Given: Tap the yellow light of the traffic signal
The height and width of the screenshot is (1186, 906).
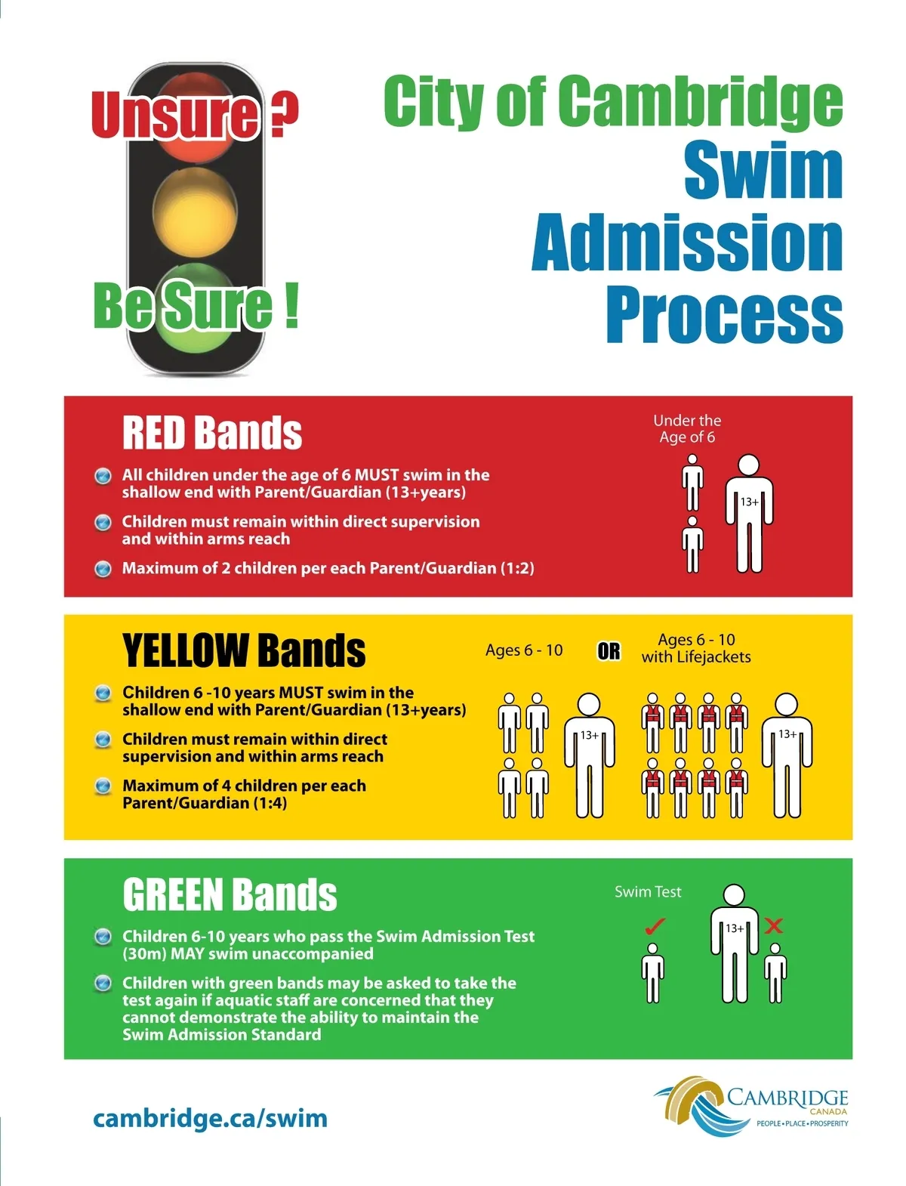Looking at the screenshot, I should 195,212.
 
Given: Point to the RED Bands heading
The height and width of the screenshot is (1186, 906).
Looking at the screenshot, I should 212,433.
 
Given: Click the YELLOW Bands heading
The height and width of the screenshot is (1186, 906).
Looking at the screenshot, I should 244,650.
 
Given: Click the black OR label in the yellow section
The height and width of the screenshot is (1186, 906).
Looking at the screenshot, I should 609,651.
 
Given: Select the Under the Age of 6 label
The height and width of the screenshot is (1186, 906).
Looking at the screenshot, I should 687,428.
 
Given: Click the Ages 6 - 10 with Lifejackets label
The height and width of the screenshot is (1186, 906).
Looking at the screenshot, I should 696,648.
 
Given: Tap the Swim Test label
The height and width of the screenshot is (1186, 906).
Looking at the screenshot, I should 648,891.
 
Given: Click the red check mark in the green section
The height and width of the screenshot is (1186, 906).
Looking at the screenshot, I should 654,925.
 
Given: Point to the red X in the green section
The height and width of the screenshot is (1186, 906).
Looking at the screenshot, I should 773,925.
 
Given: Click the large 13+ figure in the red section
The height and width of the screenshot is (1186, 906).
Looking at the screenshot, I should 749,514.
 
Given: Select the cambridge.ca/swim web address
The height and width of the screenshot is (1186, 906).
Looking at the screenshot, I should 210,1118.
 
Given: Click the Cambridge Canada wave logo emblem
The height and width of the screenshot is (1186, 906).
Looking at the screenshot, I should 691,1105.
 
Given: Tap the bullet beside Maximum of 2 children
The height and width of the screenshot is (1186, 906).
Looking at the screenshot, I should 103,568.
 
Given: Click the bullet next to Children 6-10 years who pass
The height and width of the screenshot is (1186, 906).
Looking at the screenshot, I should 103,937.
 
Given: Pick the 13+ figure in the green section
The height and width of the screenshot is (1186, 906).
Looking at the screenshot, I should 734,944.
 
